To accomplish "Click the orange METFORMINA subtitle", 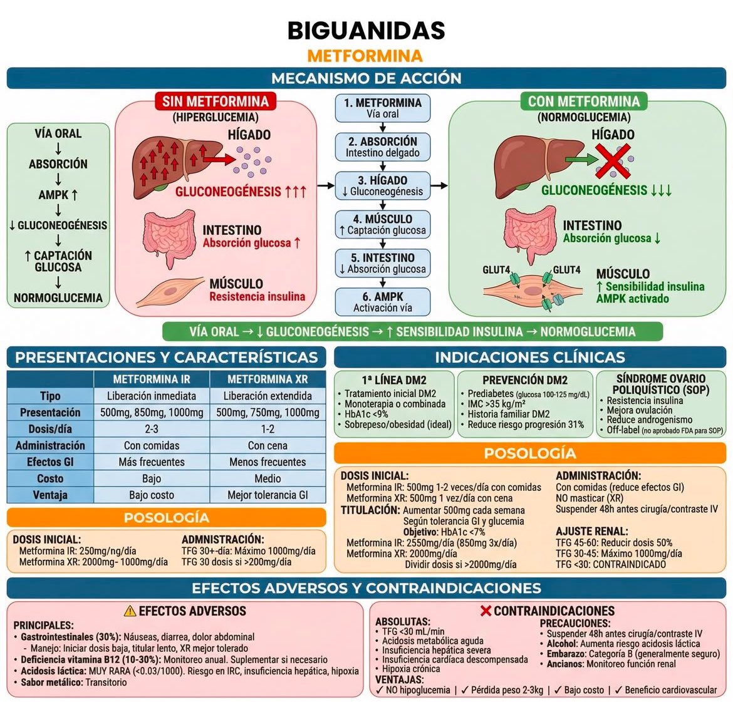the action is pos(365,56).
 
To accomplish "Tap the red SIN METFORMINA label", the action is pos(216,101).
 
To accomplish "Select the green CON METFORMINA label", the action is pos(584,101).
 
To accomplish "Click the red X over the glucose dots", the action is pos(613,161).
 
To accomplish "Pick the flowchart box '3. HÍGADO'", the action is pos(382,185).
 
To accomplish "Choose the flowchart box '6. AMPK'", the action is pos(382,302).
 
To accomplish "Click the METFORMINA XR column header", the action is pos(268,379).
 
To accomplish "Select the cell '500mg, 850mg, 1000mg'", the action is pos(152,413).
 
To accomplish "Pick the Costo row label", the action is pos(50,478).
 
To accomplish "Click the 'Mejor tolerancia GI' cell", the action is pos(268,495).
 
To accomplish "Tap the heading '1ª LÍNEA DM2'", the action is pos(394,380).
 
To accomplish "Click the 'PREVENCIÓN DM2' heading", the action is pos(525,380).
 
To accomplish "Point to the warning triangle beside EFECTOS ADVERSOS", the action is pos(130,611).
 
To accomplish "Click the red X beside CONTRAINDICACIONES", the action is pos(486,611).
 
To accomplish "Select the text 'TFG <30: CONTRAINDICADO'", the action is pos(611,565).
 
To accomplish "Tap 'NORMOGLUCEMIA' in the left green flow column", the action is pos(58,297).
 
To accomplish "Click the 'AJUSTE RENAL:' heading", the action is pos(592,532).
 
